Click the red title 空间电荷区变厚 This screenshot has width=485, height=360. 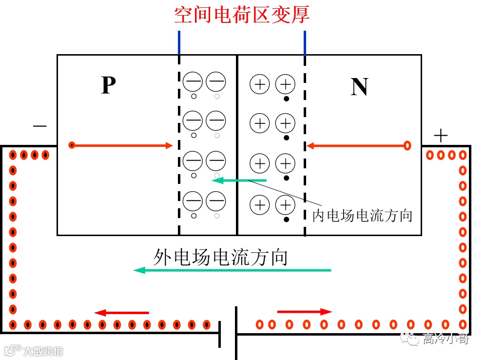point(242,15)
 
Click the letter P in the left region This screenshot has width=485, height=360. point(108,86)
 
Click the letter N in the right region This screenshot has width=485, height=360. point(359,87)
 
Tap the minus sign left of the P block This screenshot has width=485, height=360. point(39,126)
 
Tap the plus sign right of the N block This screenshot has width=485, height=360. point(440,136)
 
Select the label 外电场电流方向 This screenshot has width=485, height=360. point(220,257)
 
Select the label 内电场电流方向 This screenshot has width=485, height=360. point(362,216)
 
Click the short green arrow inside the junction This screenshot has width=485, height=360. point(239,180)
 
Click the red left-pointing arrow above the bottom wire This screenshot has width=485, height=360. point(121,313)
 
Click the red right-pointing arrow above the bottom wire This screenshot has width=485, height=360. point(305,312)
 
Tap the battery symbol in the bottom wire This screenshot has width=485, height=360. point(228,333)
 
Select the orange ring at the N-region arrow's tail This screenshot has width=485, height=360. point(407,145)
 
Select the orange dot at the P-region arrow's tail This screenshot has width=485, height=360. point(72,145)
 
